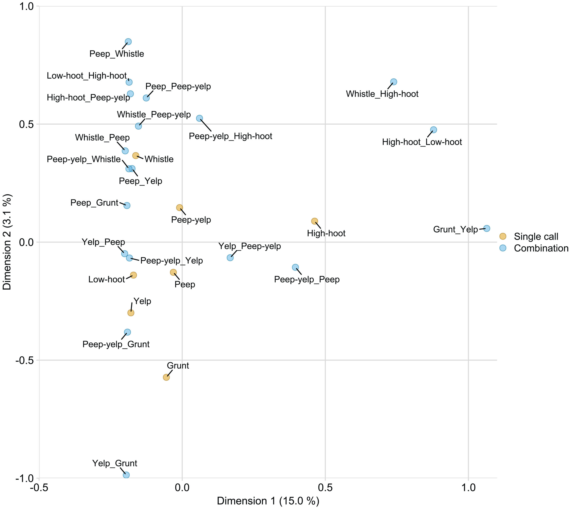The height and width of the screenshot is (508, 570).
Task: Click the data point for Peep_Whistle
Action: click(128, 42)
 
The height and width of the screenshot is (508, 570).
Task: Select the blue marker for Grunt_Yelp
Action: click(487, 228)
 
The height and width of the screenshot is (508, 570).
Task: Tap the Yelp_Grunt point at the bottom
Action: click(126, 475)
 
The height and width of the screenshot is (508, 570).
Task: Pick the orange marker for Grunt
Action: click(166, 377)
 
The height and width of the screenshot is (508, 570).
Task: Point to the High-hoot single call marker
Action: click(315, 221)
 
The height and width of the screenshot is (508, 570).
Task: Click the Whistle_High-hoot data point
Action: click(394, 82)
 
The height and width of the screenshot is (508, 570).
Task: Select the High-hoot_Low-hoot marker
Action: click(434, 130)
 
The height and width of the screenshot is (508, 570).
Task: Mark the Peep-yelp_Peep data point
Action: click(295, 267)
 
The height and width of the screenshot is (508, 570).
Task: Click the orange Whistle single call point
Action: click(136, 155)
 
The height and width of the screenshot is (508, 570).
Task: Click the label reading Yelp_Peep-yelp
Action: click(250, 246)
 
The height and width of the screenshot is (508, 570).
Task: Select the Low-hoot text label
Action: click(106, 279)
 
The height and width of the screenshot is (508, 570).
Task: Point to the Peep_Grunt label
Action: click(94, 203)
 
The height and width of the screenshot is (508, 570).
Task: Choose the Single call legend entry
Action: click(536, 236)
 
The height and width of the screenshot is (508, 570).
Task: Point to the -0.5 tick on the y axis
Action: click(24, 360)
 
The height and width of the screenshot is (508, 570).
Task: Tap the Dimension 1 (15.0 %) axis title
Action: click(268, 501)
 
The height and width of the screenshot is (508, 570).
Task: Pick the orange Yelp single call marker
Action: click(131, 313)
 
